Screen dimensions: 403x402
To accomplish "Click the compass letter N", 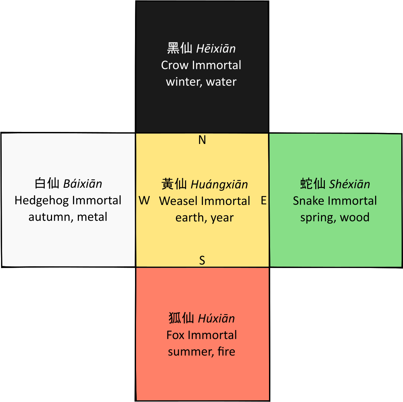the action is point(202,140).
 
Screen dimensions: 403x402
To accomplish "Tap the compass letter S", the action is point(202,260).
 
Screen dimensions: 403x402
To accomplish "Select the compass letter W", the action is point(144,200).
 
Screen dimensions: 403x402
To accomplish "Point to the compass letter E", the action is point(264,200).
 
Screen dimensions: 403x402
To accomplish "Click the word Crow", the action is point(175,65).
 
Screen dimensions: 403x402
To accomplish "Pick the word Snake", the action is point(308,201).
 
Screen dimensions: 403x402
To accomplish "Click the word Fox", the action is point(176,335).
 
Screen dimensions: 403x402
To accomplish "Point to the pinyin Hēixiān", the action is point(216,49).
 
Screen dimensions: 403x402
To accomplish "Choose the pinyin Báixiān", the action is point(83,184).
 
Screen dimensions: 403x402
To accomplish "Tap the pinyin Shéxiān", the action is point(350,184).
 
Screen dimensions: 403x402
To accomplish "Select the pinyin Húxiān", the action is point(216,319).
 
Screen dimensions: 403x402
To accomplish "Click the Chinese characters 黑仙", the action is point(180,48).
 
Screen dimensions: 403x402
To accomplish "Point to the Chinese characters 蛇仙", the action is point(313,184).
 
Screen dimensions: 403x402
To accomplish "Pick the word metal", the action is point(92,217).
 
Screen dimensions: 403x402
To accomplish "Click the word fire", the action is point(226,351).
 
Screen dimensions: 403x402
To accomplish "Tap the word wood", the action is point(355,217).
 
